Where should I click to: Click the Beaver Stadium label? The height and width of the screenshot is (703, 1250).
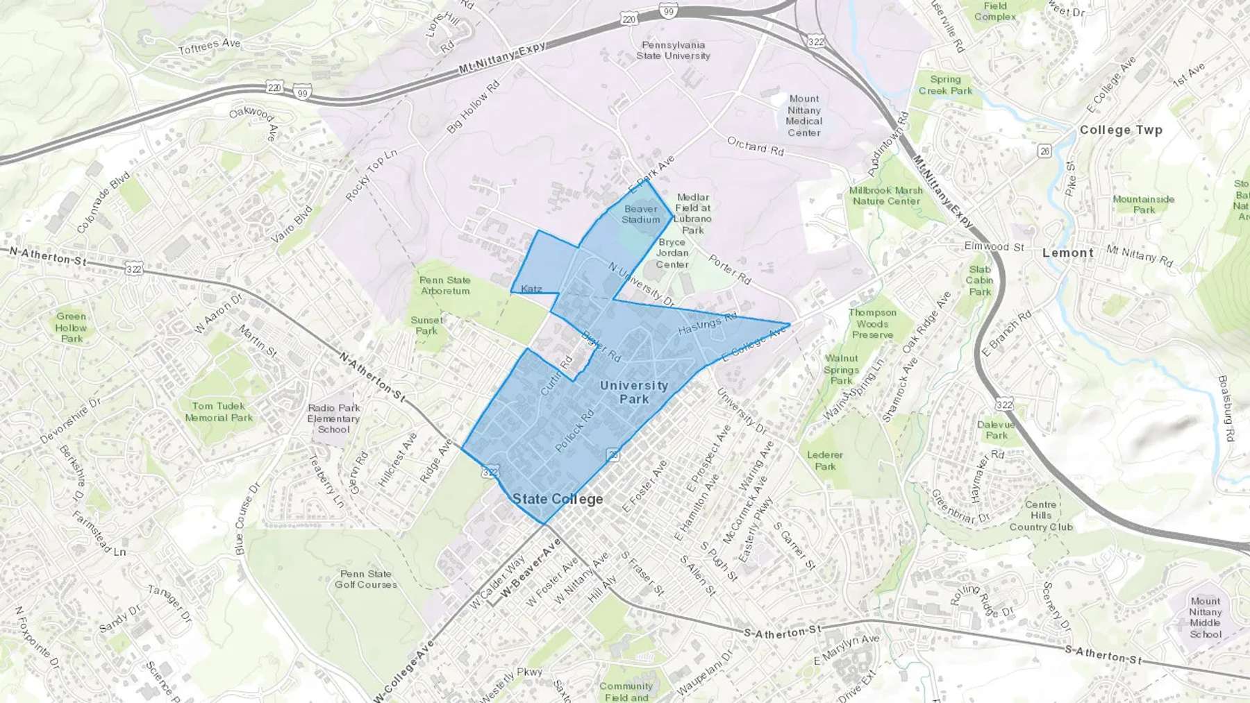click(x=640, y=214)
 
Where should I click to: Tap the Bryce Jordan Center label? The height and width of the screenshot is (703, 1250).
click(x=672, y=253)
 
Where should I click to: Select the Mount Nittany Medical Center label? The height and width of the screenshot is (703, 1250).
click(x=803, y=115)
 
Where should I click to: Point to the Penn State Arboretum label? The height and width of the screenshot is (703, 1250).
click(x=445, y=285)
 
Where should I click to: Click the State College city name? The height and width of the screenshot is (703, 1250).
click(x=558, y=499)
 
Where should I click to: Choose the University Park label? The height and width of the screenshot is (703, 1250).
click(x=633, y=392)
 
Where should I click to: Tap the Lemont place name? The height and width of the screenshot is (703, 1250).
click(x=1067, y=253)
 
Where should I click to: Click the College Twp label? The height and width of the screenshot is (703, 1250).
click(x=1120, y=130)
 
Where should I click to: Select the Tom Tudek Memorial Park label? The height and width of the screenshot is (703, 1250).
click(x=219, y=412)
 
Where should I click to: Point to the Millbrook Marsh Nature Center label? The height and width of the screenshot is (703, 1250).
click(x=886, y=195)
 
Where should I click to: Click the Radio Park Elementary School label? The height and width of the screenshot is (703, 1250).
click(x=333, y=418)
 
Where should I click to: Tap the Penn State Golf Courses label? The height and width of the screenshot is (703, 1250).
click(x=366, y=579)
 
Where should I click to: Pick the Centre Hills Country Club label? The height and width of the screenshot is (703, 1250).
click(x=1040, y=516)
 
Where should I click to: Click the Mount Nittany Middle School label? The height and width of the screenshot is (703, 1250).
click(x=1205, y=618)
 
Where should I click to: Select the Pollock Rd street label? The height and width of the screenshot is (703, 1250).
click(x=575, y=431)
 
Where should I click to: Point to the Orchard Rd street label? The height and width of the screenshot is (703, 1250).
click(x=755, y=146)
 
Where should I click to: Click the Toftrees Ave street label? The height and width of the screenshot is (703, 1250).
click(x=209, y=46)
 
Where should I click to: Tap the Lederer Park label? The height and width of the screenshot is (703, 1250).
click(x=825, y=460)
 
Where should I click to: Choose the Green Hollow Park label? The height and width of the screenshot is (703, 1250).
click(x=71, y=327)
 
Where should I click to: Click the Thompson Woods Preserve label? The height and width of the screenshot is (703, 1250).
click(x=872, y=323)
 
